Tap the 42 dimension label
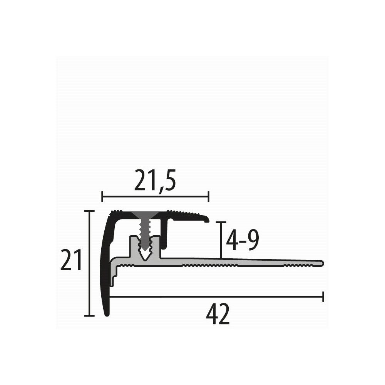[218, 315]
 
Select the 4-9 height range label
[242, 241]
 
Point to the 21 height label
[72, 260]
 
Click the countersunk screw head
[145, 214]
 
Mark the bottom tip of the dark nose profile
[107, 314]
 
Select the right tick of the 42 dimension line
[323, 296]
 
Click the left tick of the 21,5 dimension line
[102, 197]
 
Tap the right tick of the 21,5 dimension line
[208, 197]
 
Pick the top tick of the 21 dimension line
[89, 211]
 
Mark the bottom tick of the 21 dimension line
[89, 316]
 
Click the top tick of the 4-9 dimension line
[220, 222]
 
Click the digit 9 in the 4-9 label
[252, 241]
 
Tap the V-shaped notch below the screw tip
[145, 255]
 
